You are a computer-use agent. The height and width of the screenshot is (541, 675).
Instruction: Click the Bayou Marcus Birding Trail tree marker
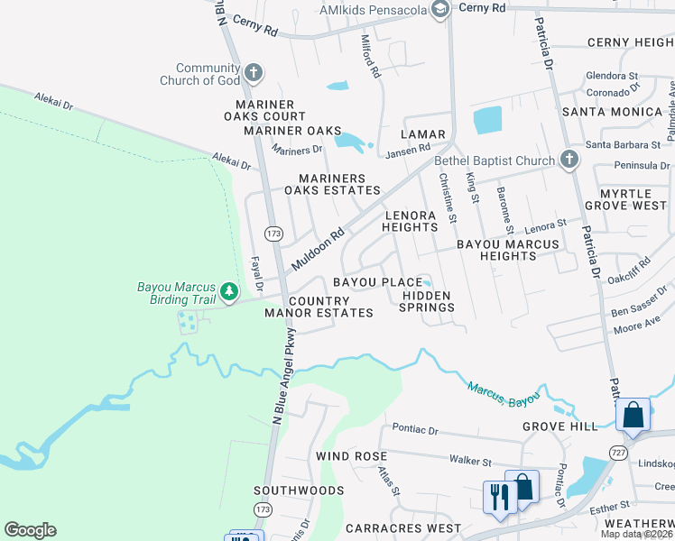pos(230,291)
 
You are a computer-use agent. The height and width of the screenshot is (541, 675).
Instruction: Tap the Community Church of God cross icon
pos(254,72)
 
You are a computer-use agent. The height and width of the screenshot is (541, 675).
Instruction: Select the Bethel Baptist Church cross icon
pos(568,160)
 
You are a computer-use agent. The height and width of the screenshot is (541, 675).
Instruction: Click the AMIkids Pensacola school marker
pos(440,11)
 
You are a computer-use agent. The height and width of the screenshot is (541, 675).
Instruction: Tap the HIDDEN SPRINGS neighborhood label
pos(428,301)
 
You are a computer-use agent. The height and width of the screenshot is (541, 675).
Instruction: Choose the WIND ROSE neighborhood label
pos(351,456)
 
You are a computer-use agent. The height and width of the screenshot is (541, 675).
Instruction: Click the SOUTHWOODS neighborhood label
pos(299,491)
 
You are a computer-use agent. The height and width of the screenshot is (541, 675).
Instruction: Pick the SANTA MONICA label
pos(612,112)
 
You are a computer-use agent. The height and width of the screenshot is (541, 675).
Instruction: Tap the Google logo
pos(30,530)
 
